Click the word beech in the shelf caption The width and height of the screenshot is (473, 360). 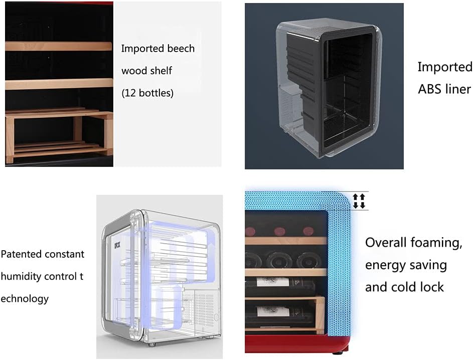pos(181,49)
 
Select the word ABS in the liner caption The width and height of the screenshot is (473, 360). pos(430,89)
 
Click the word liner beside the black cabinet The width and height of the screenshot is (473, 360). pos(456,89)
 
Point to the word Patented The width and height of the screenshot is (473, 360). pos(22,254)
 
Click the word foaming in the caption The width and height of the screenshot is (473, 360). pos(435,243)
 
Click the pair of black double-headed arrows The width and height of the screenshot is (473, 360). pos(359,201)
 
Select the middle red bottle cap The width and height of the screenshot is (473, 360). pos(279,232)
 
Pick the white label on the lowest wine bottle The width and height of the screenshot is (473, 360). pos(273,311)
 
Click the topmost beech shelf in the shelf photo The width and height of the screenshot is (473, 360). pos(59,46)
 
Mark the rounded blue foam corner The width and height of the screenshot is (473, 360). pos(341,201)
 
